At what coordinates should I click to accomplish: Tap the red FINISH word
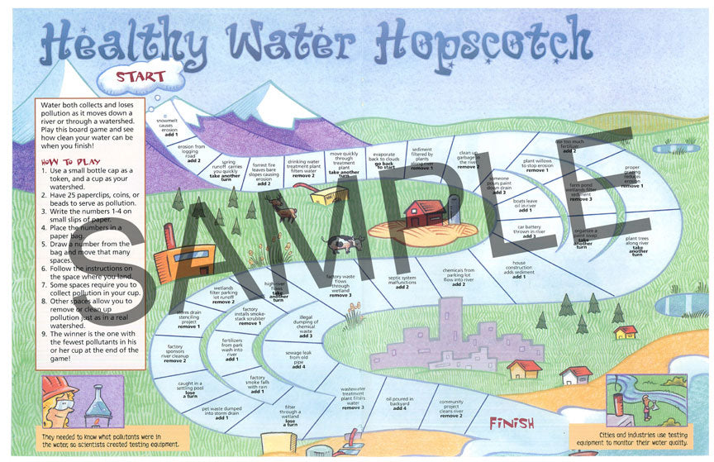511,423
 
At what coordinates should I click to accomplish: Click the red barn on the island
426,214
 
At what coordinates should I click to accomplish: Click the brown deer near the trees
285,213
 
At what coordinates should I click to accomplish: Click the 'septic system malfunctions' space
402,281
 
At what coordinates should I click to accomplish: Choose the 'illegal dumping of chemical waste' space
306,326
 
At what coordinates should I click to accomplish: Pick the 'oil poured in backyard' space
399,402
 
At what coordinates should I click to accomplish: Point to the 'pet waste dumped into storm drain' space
221,412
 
